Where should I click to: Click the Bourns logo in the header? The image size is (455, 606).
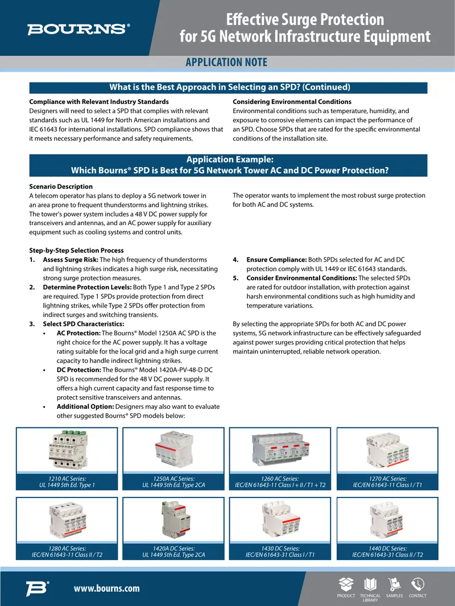coord(78,30)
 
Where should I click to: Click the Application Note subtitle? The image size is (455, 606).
coord(226,62)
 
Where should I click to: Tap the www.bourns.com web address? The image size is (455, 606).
coord(107,588)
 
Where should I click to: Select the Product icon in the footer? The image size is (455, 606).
coord(346,584)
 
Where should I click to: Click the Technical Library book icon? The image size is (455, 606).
coord(370,584)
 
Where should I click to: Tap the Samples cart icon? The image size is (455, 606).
coord(394,584)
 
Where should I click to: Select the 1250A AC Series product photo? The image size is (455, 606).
coord(173,450)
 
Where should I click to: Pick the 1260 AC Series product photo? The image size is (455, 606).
coord(280,450)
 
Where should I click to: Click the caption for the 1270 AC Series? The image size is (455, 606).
coord(387,482)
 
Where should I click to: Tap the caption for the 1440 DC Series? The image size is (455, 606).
coord(387,551)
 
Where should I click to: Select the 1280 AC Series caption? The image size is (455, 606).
coord(67,551)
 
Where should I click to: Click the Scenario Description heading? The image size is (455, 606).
coord(61,186)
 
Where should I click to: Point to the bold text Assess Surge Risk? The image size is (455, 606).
coord(71,260)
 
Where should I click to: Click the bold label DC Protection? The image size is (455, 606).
coord(79,370)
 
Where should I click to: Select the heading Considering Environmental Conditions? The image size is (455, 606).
coord(292,102)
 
